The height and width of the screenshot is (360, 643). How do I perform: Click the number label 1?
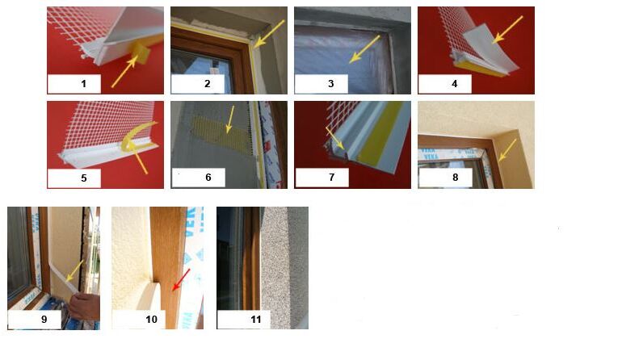(x=84, y=84)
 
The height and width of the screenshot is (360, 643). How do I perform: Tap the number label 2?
(x=208, y=84)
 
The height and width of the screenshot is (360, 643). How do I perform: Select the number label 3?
(x=331, y=84)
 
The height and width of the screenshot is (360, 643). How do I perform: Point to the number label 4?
(x=454, y=84)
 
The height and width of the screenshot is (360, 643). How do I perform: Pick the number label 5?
(x=84, y=178)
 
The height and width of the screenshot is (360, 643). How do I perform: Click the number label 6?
(x=208, y=178)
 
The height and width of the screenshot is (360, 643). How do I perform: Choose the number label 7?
(x=332, y=178)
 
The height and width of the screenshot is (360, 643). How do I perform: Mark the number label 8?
(x=455, y=178)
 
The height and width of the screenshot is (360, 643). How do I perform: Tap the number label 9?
(x=44, y=319)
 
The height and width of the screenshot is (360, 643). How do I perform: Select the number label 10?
(x=151, y=319)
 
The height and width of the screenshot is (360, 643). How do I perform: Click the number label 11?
(x=256, y=319)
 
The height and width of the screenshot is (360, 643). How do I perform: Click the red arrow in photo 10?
(x=181, y=280)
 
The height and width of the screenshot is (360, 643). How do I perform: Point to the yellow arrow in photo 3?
(x=364, y=49)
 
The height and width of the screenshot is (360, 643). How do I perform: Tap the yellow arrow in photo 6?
(x=230, y=119)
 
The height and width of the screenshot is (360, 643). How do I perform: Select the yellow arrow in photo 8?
(x=507, y=150)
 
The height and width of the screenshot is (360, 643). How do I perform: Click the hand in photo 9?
(x=84, y=307)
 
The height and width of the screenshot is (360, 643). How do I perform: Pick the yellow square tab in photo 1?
(x=141, y=53)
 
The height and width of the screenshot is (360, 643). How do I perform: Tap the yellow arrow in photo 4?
(x=507, y=30)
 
